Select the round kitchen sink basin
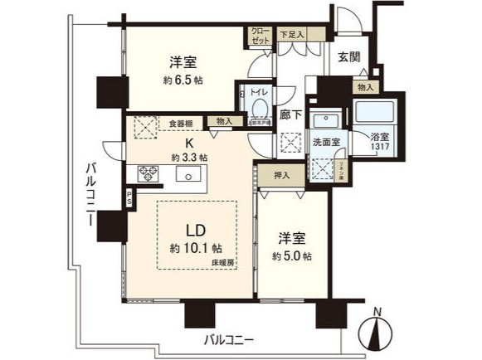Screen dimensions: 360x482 pos(187,174)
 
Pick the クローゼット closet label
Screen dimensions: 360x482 pos(259,36)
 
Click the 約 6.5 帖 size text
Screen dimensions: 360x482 pos(183,80)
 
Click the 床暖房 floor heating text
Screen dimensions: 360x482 pos(223,260)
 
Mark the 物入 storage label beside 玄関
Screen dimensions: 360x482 pos(364,86)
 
